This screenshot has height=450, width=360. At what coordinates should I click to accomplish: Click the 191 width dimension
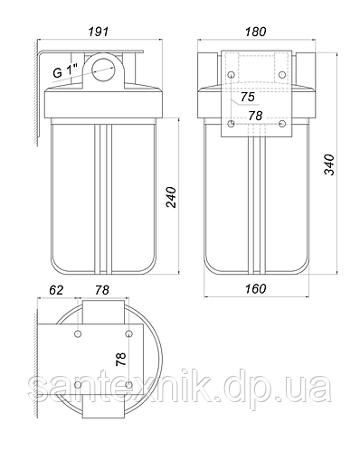click(x=99, y=32)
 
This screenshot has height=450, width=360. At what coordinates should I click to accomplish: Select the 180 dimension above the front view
click(x=255, y=32)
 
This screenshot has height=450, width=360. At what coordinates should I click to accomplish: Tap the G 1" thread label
click(x=65, y=72)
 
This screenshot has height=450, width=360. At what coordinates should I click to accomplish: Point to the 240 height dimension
click(x=171, y=197)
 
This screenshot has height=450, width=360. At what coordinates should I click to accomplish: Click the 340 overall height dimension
click(x=329, y=164)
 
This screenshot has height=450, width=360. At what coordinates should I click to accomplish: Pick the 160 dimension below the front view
click(x=255, y=289)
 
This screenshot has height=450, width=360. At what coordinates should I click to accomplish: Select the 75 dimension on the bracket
click(x=248, y=97)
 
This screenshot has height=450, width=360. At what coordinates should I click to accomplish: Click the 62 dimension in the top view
click(x=56, y=290)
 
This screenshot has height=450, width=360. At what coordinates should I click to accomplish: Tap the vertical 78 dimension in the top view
click(x=121, y=359)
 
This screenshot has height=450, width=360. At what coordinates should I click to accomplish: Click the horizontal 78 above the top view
click(x=102, y=290)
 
